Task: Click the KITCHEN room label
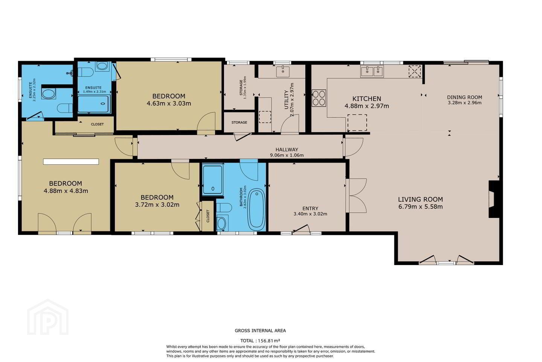point(367,99)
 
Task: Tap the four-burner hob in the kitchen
point(319,98)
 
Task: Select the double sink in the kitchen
point(371,71)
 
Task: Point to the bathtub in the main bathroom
point(257,210)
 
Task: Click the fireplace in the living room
point(493,199)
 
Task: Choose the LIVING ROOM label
point(420,199)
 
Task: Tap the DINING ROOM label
point(464,97)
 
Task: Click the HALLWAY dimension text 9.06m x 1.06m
point(287,155)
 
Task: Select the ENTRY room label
point(310,208)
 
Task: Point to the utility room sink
point(283,72)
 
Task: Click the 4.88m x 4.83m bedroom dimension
point(66,191)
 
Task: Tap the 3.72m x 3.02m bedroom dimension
point(157,205)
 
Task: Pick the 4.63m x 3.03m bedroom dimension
point(169,104)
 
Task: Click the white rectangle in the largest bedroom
point(71,162)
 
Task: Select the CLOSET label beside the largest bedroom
point(97,124)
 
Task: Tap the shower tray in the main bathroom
point(213,179)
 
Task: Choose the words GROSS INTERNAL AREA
point(260,330)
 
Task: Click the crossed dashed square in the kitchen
point(415,71)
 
